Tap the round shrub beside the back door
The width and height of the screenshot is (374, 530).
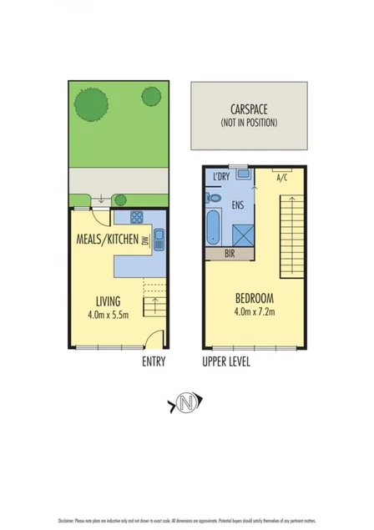tap(120, 199)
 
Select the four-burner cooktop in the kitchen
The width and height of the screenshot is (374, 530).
tap(136, 218)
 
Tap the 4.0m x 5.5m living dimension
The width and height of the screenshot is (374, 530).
tap(107, 315)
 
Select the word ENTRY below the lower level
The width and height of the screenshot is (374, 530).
tap(154, 361)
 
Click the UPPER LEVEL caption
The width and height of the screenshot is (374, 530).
tap(226, 361)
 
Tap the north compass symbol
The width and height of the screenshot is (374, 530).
tap(186, 406)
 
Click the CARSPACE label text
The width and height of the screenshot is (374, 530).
tap(249, 109)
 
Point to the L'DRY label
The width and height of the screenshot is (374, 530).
tap(221, 177)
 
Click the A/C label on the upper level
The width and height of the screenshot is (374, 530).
tap(282, 177)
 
